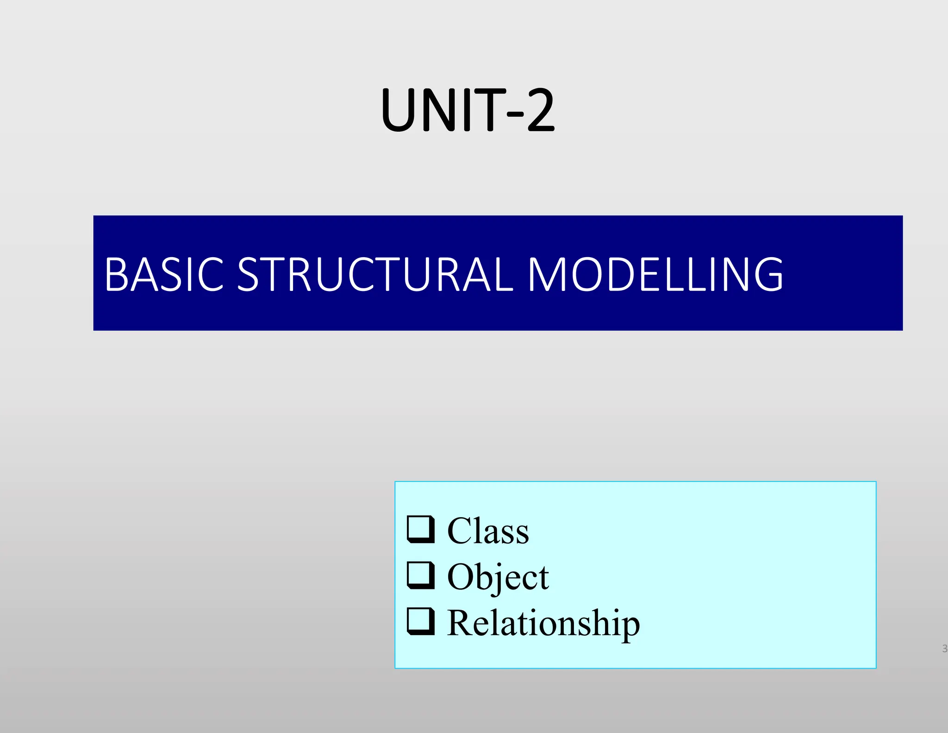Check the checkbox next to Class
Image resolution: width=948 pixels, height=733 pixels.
(x=421, y=529)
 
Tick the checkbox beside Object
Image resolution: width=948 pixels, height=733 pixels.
(x=421, y=575)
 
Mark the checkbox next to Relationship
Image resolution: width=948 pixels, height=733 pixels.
(x=421, y=621)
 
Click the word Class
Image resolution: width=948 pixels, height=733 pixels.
(x=488, y=531)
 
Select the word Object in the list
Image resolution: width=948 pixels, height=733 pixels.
(x=498, y=577)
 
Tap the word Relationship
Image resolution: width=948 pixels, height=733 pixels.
(x=543, y=623)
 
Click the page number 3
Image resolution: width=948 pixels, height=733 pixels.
(x=944, y=649)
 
